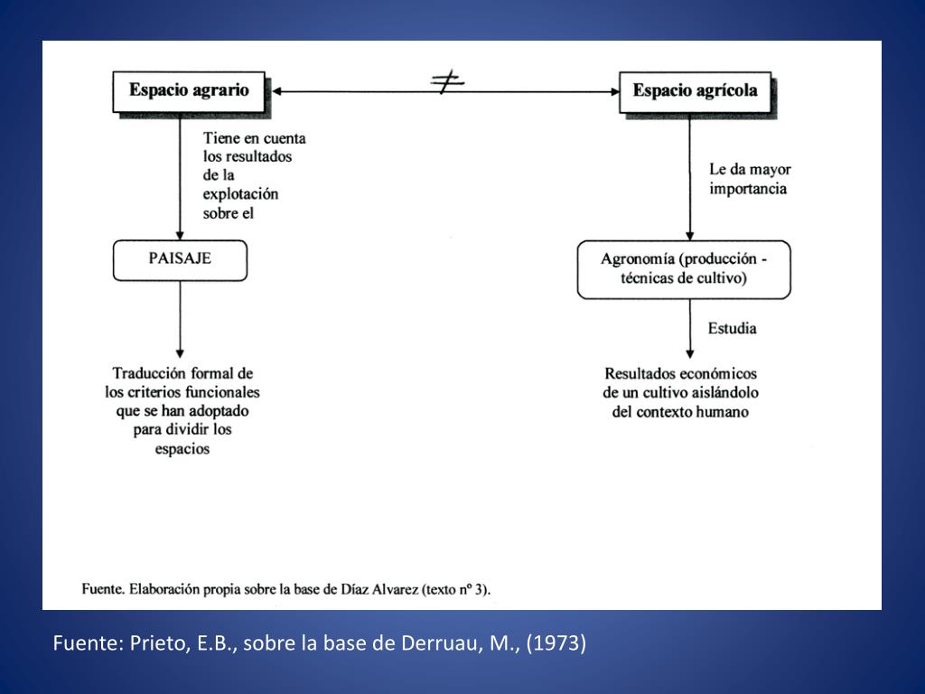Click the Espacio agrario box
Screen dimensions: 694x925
[x=188, y=90]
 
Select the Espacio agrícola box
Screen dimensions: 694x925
[x=695, y=90]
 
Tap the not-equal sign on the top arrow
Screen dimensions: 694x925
[x=447, y=83]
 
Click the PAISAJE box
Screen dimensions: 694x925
[x=180, y=258]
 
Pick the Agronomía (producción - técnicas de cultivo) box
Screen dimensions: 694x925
[x=684, y=268]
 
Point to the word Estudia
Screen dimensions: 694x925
[x=732, y=328]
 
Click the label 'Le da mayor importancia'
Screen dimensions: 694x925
[x=749, y=179]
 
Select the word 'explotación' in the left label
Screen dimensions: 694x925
[x=241, y=194]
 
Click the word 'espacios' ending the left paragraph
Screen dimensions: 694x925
[x=182, y=448]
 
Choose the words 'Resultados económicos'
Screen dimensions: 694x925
[x=681, y=373]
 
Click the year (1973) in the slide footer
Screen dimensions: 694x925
[x=559, y=643]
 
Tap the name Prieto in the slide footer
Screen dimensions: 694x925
[x=157, y=643]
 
